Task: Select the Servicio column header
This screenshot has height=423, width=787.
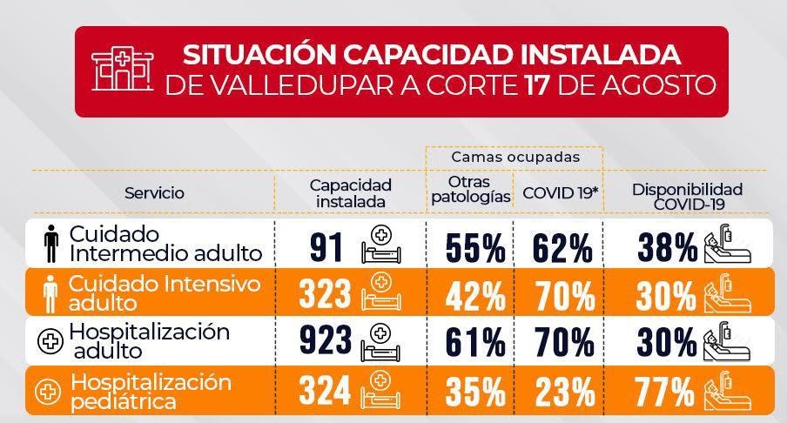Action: (154, 193)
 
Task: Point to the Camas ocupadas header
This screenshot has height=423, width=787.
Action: (515, 158)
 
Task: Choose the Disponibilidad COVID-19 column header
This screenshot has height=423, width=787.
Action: (687, 193)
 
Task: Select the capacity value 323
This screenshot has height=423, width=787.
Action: (326, 295)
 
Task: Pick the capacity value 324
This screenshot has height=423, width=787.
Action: (326, 389)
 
